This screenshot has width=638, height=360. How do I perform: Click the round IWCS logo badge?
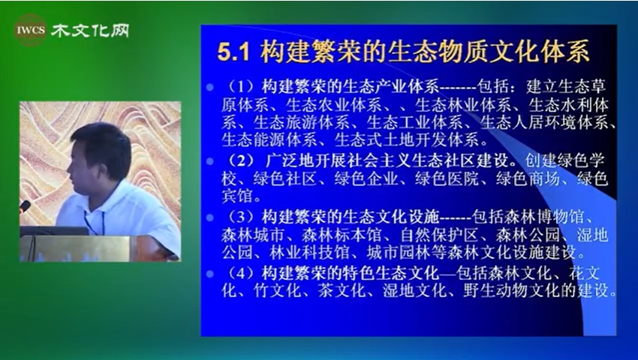point(31,30)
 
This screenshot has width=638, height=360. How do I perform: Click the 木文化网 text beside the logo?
point(90,30)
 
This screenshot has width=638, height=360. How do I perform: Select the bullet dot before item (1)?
point(210,88)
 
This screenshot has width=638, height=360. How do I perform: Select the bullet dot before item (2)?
point(210,161)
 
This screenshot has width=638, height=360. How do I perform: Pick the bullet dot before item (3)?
point(210,217)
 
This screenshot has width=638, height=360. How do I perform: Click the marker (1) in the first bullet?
point(241,87)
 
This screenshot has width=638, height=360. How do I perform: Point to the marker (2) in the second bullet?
point(241,161)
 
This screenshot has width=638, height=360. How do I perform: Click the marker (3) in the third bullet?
point(241,217)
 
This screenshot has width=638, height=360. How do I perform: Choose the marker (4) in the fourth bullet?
point(241,273)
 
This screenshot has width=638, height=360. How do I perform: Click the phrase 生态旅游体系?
point(302,122)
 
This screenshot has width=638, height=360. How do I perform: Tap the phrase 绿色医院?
point(447,179)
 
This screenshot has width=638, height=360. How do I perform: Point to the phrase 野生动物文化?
point(511,291)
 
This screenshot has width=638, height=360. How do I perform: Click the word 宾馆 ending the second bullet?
point(237,197)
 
